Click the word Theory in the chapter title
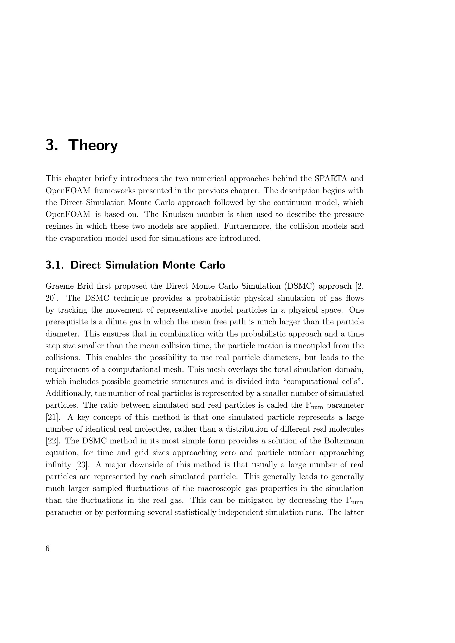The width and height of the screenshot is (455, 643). [x=93, y=146]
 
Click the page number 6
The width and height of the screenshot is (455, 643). [x=47, y=548]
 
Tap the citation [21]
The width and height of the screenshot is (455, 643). [x=52, y=417]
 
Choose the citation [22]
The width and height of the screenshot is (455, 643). [x=52, y=441]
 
